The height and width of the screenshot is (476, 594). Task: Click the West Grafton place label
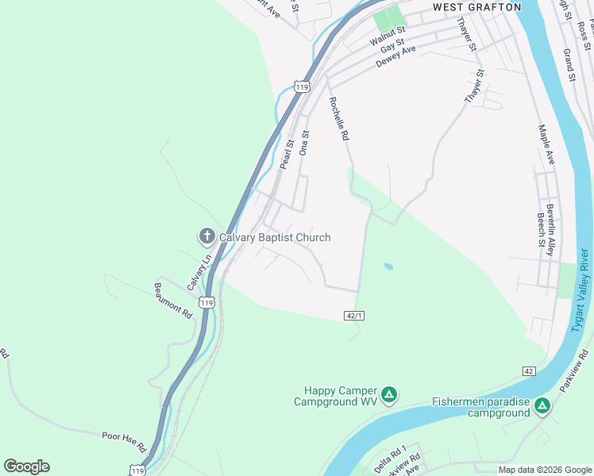[x=476, y=7]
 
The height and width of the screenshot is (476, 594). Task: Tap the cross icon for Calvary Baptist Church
[x=206, y=236]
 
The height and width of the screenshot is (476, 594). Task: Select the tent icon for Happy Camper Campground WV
[x=388, y=394]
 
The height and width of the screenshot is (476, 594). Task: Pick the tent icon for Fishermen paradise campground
[x=542, y=406]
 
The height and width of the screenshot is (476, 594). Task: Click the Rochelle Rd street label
[x=338, y=119]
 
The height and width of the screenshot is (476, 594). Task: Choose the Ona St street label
[x=304, y=144]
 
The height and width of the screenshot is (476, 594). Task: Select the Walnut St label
[x=388, y=36]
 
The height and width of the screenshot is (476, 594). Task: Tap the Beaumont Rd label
[x=174, y=301]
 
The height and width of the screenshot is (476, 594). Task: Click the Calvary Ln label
[x=199, y=271]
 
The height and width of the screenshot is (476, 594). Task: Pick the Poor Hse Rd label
[x=124, y=440]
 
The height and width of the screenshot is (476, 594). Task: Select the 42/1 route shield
[x=355, y=315]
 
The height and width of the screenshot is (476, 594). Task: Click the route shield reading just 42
[x=529, y=371]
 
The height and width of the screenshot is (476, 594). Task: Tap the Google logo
[x=26, y=466]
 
